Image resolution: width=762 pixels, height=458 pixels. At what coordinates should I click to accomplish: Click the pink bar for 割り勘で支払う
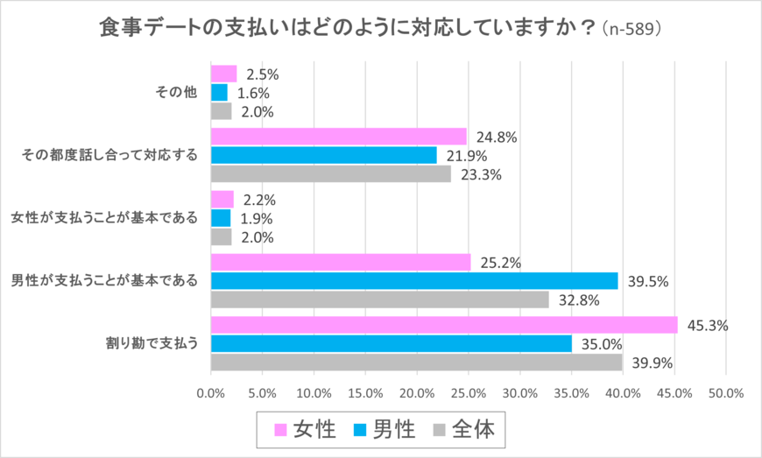pos(444,325)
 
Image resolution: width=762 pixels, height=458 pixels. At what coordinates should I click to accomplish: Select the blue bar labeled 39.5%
pos(414,280)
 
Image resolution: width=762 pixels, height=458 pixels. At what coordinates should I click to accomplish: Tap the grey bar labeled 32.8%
pos(380,299)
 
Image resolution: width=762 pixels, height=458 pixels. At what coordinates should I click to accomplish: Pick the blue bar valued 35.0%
pos(392,343)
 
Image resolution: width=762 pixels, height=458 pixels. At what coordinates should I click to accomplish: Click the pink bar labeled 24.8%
pos(339,137)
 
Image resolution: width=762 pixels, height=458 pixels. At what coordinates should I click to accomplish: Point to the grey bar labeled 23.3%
pos(331,174)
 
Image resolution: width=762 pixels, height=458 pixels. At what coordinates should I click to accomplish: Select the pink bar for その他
pos(224,74)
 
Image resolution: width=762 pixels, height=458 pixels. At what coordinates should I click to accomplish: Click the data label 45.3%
pos(708,325)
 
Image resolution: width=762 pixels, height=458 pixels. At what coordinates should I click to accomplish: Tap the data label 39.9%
pos(652,363)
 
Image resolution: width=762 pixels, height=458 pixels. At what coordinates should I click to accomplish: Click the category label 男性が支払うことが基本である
pos(104,280)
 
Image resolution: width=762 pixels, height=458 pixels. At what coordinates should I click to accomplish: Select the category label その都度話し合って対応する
pos(109,156)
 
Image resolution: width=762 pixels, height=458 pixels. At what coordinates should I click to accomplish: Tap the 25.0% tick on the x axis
pos(469,393)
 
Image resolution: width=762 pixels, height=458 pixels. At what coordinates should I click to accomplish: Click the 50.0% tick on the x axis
pos(726,393)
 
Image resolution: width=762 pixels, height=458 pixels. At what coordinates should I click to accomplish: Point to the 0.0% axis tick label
pos(211,393)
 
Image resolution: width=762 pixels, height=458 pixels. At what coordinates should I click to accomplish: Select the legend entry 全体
pos(465,429)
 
